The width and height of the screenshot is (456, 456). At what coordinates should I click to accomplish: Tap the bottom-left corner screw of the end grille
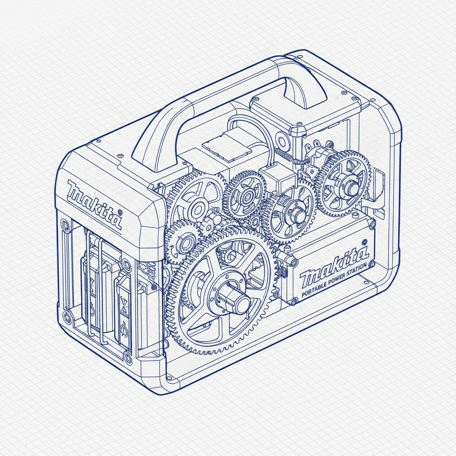click(x=67, y=317)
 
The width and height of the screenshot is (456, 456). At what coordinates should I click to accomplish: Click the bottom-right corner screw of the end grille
click(x=129, y=356)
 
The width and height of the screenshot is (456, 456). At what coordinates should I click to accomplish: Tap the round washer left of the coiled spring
click(x=282, y=141)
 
